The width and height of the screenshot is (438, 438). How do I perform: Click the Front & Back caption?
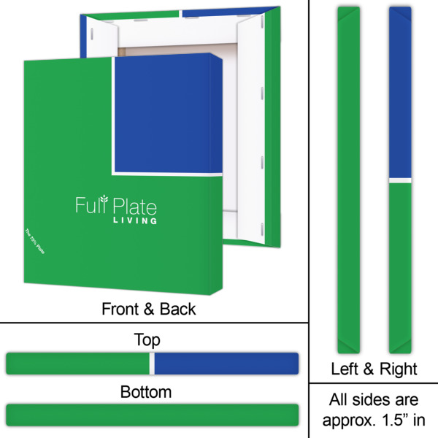pos(148,310)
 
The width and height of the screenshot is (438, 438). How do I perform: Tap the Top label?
pos(147,339)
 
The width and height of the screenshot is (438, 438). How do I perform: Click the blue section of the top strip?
pos(226,364)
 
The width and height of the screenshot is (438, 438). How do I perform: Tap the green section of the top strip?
pos(77,364)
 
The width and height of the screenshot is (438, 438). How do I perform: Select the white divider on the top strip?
pos(152,364)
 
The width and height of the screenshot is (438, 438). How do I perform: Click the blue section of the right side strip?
pos(398,91)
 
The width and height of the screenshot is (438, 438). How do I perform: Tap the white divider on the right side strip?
pos(398,179)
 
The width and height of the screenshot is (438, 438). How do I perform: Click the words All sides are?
pos(374,400)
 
